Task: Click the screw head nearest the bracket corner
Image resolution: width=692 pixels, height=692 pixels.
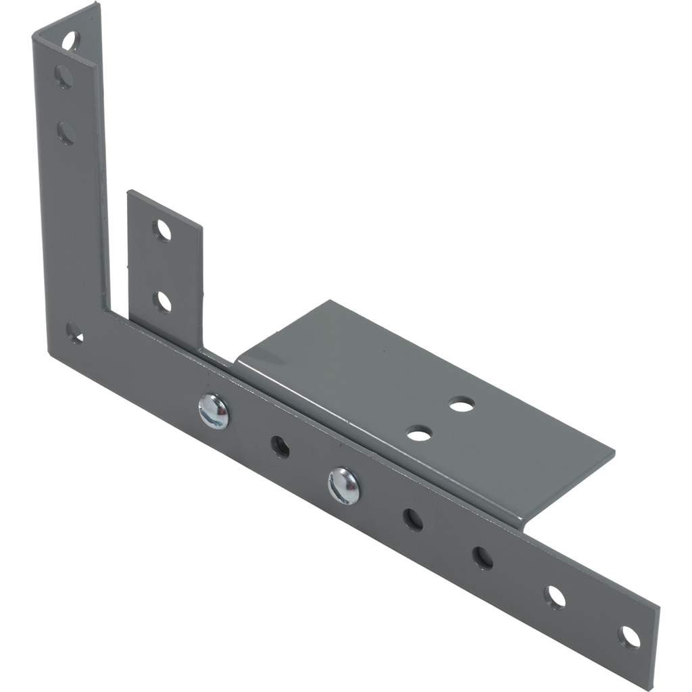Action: (x=214, y=412)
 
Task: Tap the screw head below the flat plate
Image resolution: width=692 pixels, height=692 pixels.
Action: (x=344, y=486)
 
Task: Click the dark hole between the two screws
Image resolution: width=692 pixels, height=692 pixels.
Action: (x=280, y=446)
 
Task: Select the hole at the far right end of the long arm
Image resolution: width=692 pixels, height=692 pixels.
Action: (x=629, y=637)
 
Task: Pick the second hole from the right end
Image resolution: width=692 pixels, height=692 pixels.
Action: (x=555, y=597)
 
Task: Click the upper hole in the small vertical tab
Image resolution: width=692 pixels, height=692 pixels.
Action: (x=162, y=230)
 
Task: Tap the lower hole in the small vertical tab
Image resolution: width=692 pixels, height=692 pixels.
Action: (x=162, y=301)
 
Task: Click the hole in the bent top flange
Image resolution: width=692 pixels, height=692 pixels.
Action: (x=70, y=41)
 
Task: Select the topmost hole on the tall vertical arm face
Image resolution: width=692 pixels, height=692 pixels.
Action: (x=64, y=76)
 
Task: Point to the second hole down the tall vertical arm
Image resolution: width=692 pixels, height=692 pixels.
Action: (x=66, y=132)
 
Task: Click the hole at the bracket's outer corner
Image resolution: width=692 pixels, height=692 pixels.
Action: (x=74, y=332)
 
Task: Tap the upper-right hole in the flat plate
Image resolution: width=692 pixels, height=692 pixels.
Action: (x=462, y=405)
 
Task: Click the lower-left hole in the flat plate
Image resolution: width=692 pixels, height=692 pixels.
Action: (x=419, y=433)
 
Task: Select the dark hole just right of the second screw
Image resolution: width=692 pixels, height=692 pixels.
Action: (x=413, y=519)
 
